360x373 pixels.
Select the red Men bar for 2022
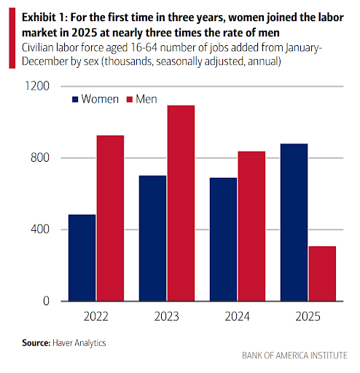pyautogui.click(x=110, y=219)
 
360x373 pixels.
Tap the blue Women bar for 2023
pyautogui.click(x=153, y=238)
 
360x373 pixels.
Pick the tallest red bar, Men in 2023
pyautogui.click(x=181, y=203)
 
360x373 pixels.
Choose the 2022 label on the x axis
pyautogui.click(x=96, y=316)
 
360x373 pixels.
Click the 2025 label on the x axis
pyautogui.click(x=308, y=316)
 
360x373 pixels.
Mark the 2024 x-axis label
pyautogui.click(x=238, y=316)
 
